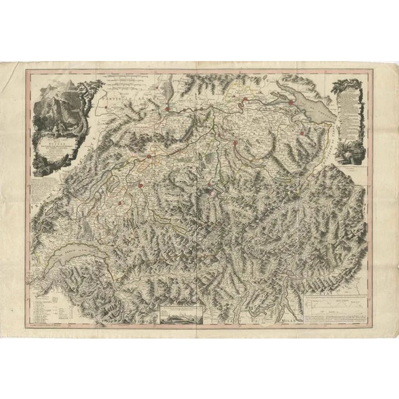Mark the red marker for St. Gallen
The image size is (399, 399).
coord(302,133)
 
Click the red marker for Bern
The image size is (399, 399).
coord(143,185)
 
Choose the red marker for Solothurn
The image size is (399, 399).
coord(150,156)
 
